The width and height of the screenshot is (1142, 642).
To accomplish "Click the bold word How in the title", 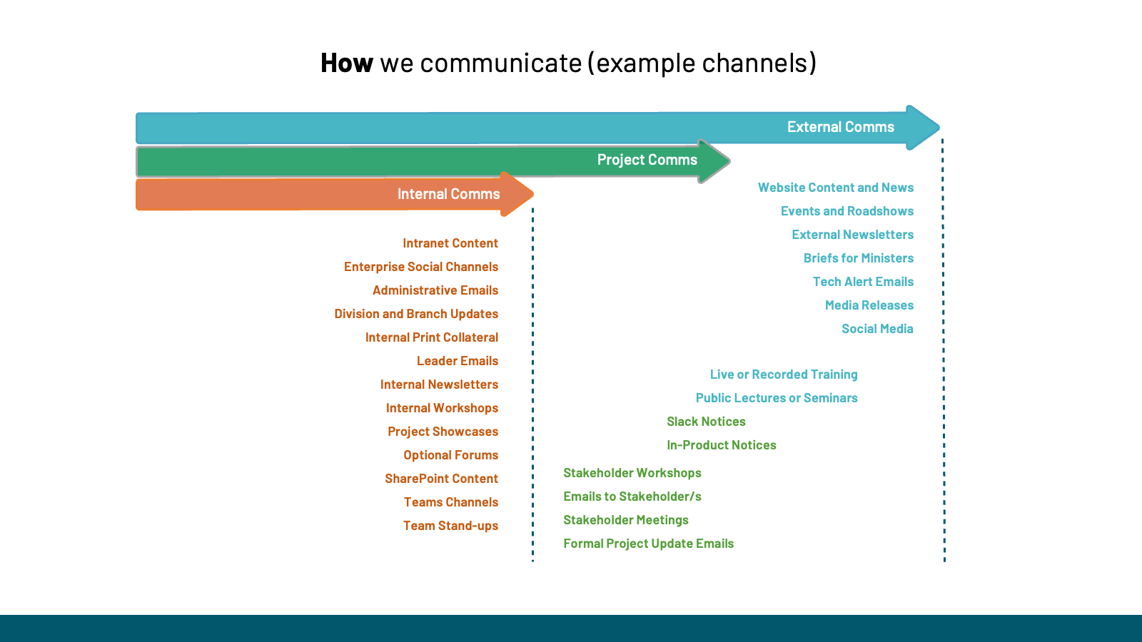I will (346, 63).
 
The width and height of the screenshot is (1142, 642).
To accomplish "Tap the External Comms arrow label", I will (840, 127).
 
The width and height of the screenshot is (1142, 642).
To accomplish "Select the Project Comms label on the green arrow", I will (647, 160).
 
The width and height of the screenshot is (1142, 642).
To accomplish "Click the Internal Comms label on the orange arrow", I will (448, 194).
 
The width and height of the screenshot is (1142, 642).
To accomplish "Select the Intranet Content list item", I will (450, 243).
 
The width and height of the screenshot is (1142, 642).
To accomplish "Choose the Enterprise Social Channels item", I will (420, 267).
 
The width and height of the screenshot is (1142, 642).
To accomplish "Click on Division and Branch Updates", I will (416, 314).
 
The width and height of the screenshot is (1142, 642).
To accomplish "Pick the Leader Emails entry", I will (457, 361).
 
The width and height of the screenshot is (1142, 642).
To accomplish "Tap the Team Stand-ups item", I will (450, 526).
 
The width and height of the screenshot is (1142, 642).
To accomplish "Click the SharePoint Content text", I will (441, 479).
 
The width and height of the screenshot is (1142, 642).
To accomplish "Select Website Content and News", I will (835, 188).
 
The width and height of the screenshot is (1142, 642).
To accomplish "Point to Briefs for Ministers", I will (858, 258).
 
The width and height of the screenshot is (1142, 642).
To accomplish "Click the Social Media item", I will (876, 329).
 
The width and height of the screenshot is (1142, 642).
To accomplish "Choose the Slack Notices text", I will (706, 422).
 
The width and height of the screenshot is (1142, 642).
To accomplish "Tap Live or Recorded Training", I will (783, 374).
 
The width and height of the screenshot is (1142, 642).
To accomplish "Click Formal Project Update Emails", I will (648, 544).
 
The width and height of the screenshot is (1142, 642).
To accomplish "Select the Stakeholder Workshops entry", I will (632, 473).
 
